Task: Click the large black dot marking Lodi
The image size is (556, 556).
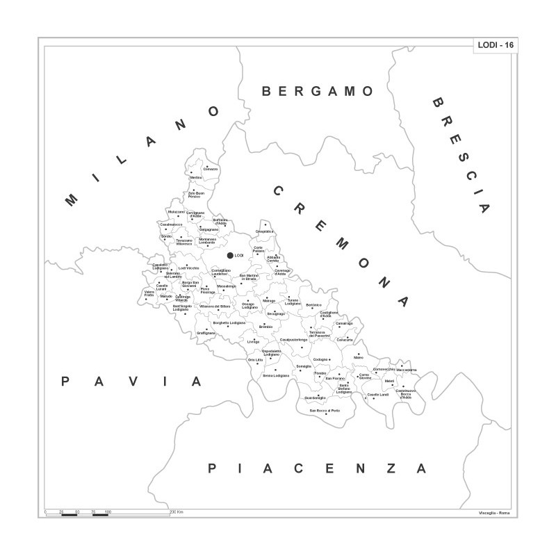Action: [230, 256]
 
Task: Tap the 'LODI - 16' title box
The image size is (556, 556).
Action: [495, 45]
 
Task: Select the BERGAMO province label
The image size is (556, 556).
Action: [318, 91]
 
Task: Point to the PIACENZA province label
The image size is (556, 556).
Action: [317, 468]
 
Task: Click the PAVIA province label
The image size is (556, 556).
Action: [131, 382]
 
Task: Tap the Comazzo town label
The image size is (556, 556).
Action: [211, 170]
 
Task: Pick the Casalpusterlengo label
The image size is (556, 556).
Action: [293, 340]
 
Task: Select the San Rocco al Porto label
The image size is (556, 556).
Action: [325, 411]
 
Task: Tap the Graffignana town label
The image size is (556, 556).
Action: [206, 333]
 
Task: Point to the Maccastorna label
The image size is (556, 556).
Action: [406, 370]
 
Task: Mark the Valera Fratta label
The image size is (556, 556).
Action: [149, 295]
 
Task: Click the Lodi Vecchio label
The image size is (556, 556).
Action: [188, 268]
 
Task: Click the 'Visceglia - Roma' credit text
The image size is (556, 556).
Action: [494, 513]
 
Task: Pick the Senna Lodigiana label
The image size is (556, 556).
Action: [275, 376]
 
